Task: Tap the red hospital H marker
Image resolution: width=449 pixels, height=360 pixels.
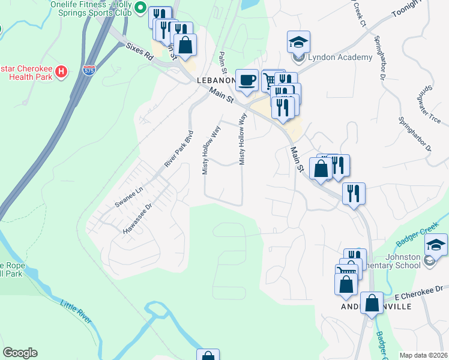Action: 61,73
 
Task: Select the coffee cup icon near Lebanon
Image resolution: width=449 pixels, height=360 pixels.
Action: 247,80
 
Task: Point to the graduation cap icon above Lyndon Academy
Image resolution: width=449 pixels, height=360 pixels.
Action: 298,42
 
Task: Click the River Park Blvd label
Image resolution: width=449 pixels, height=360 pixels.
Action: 180,149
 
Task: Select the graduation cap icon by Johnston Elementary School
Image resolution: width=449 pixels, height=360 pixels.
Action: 436,245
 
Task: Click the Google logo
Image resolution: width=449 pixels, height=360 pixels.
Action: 20,353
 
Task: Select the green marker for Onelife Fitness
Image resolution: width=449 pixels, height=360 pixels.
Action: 140,8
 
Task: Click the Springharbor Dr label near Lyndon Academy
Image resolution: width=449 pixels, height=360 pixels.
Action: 379,58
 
